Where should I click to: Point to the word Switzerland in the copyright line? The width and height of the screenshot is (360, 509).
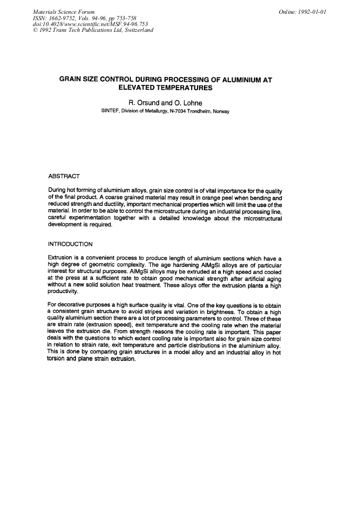135,30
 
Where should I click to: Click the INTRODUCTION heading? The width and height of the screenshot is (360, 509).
71,244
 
